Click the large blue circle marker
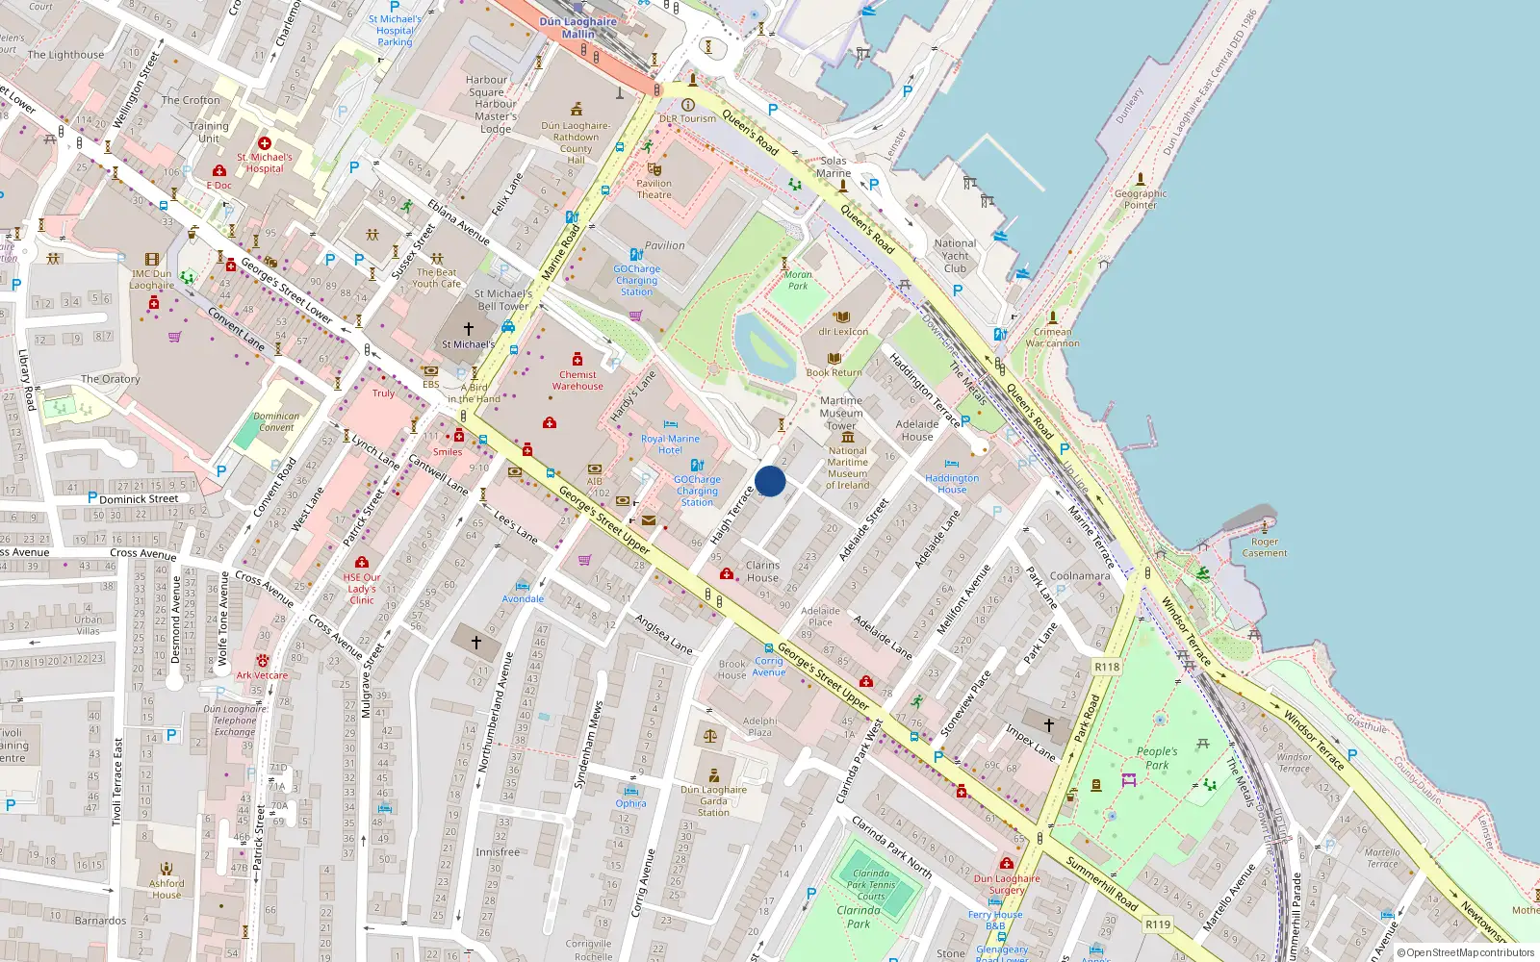(770, 481)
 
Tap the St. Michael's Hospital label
(265, 163)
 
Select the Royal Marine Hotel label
(670, 444)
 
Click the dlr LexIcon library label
(843, 331)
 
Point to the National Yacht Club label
(955, 256)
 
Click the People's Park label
(1156, 758)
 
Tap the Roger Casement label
(1265, 547)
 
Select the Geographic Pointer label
(1141, 199)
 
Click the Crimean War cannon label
(1052, 338)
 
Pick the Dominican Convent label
(276, 422)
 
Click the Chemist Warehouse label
(577, 380)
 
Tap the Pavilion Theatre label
(654, 189)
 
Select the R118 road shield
(1107, 667)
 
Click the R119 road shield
(1158, 924)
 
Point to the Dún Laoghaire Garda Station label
(713, 800)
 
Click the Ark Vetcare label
(262, 675)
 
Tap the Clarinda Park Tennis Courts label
(871, 885)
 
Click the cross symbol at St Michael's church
(469, 329)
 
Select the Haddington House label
(952, 484)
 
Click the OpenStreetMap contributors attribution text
(1466, 953)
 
